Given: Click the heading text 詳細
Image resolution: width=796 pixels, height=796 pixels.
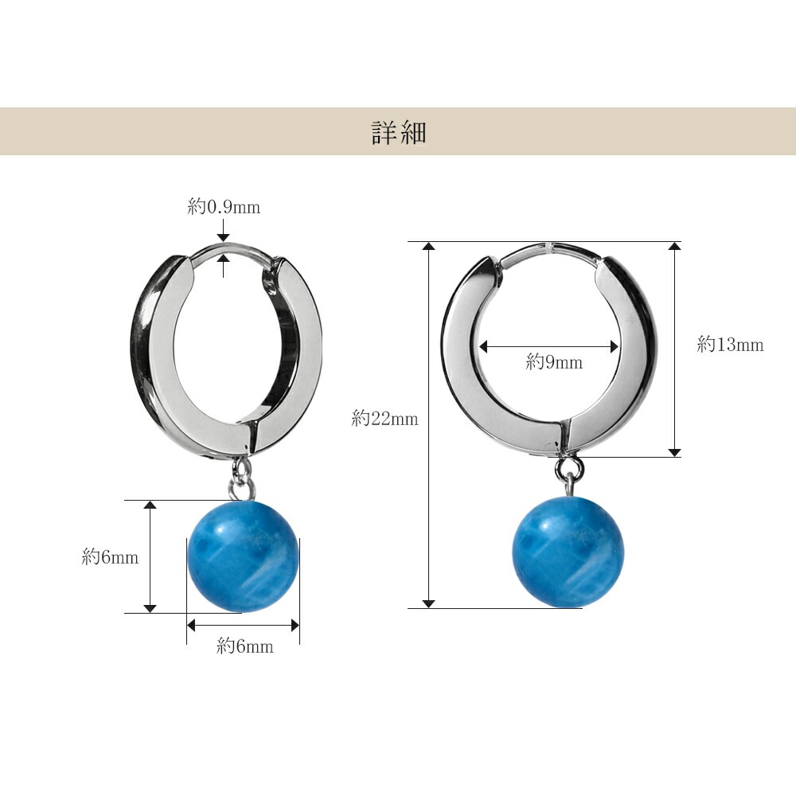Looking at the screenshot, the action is coord(399,132).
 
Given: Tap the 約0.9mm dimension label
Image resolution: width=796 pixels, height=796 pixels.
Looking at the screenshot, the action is coord(224,207).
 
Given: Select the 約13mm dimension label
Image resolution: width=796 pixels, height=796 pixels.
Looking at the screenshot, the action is coord(730,345).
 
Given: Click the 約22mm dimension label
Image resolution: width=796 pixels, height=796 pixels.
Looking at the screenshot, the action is coord(384,419).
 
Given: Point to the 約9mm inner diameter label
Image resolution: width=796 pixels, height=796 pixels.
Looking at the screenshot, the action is coord(554,362).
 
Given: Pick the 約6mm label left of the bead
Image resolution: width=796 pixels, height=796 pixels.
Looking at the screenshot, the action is coord(110,557).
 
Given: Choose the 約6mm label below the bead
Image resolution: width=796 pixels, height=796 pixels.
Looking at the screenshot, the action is coord(244,646).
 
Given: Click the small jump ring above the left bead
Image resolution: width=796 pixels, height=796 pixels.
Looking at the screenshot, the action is coord(242,467).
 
